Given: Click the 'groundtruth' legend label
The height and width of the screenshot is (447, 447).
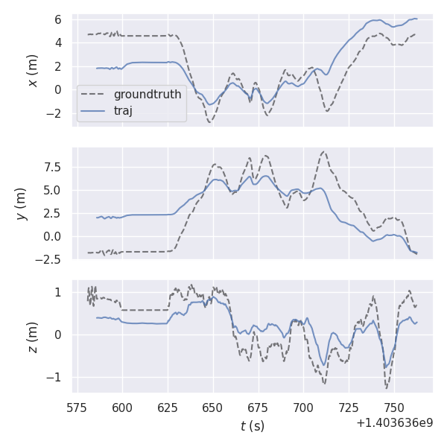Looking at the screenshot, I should pos(147,95).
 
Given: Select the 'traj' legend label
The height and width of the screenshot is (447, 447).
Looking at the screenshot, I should pos(123,111).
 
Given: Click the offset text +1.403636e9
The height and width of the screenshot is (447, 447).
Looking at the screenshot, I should pos(394,422).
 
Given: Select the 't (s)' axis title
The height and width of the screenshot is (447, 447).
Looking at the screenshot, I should pos(252,426).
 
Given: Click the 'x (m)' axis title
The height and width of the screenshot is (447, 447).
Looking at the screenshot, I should pos(33,70).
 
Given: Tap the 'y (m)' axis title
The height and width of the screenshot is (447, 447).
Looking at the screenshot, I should pos(22,203).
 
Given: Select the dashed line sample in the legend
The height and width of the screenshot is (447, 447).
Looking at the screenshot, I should pos(94,95).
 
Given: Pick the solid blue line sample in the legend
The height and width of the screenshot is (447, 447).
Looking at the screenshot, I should pos(94,111).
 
